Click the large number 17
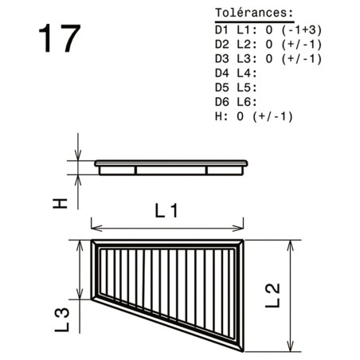pyautogui.click(x=60, y=38)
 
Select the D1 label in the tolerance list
pyautogui.click(x=221, y=30)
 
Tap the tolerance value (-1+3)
pyautogui.click(x=302, y=30)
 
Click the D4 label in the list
pyautogui.click(x=221, y=73)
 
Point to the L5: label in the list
pyautogui.click(x=247, y=88)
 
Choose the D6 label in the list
pyautogui.click(x=221, y=102)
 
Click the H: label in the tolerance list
pyautogui.click(x=221, y=116)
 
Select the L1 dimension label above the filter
pyautogui.click(x=166, y=211)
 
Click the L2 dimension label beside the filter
pyautogui.click(x=272, y=295)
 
